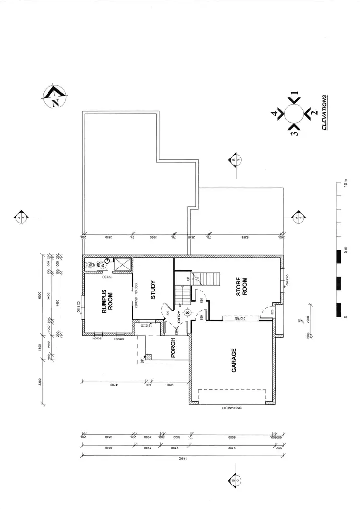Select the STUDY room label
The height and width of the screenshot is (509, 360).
pyautogui.click(x=153, y=290)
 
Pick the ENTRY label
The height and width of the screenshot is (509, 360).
pyautogui.click(x=180, y=317)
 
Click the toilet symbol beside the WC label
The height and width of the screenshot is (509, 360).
pyautogui.click(x=90, y=264)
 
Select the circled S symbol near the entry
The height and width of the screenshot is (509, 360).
pyautogui.click(x=188, y=313)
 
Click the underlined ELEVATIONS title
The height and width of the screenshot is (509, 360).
pyautogui.click(x=325, y=112)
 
